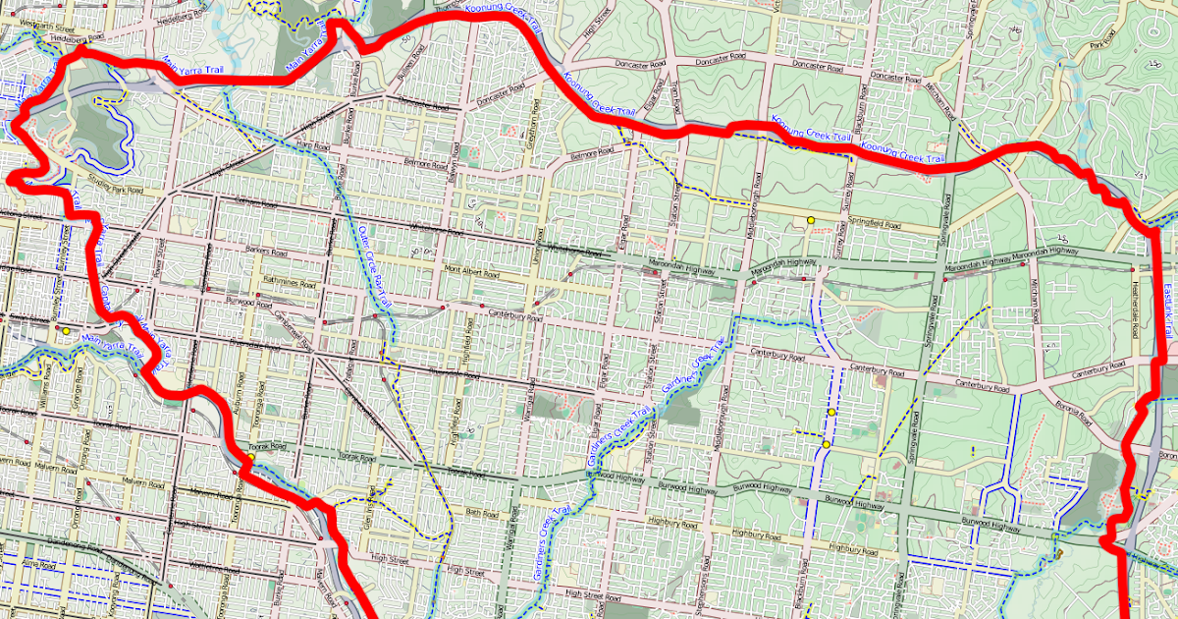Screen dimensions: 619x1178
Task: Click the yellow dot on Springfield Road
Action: pos(811,219)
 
